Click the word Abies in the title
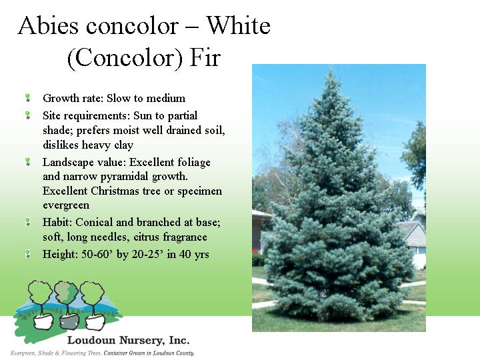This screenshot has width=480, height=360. pos(48,25)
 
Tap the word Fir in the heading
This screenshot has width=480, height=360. pos(205,57)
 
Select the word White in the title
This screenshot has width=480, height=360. pos(238,25)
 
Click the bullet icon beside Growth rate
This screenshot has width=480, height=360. pos(27,98)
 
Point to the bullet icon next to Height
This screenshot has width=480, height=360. pos(27,254)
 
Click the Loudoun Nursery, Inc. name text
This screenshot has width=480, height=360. pos(128,340)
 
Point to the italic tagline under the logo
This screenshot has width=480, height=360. pos(102,353)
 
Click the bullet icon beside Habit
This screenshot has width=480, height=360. pos(27,221)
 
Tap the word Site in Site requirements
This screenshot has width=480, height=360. pos(51,115)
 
